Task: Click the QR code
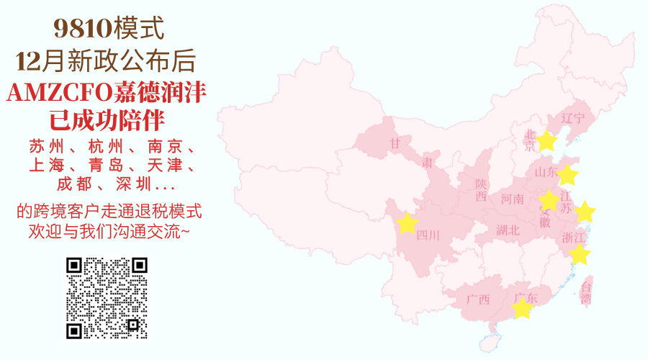pyautogui.click(x=107, y=298)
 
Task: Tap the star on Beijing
pyautogui.click(x=547, y=141)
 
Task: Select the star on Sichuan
pyautogui.click(x=407, y=223)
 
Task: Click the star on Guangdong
pyautogui.click(x=521, y=309)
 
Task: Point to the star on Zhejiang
pyautogui.click(x=579, y=254)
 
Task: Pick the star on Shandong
pyautogui.click(x=567, y=175)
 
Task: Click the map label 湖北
pyautogui.click(x=508, y=230)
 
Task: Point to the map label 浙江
pyautogui.click(x=573, y=238)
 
